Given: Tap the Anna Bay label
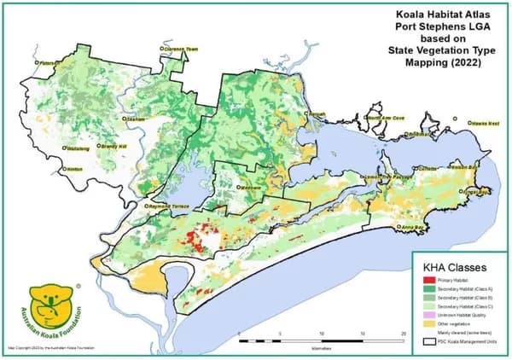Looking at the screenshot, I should (415, 227).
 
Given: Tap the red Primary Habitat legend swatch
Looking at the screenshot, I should (427, 279).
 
